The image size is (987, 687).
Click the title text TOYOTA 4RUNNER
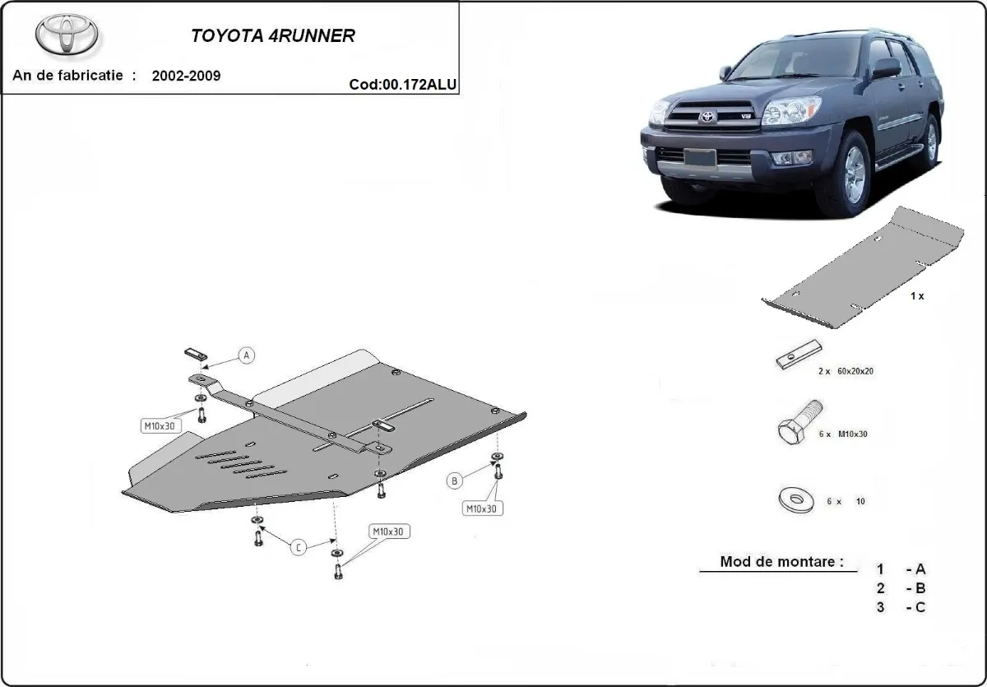pyautogui.click(x=273, y=37)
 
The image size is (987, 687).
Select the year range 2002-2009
pyautogui.click(x=186, y=76)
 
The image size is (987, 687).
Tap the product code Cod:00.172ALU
pyautogui.click(x=403, y=83)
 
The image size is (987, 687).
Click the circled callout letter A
pyautogui.click(x=246, y=355)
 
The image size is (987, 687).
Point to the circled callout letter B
pyautogui.click(x=453, y=480)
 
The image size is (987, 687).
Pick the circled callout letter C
pyautogui.click(x=299, y=546)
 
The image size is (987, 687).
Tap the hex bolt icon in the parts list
pyautogui.click(x=797, y=426)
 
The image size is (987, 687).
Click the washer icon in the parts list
pyautogui.click(x=795, y=499)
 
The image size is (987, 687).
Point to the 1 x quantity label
pyautogui.click(x=917, y=295)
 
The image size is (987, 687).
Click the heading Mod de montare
pyautogui.click(x=781, y=563)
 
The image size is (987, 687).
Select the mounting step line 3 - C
pyautogui.click(x=901, y=607)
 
